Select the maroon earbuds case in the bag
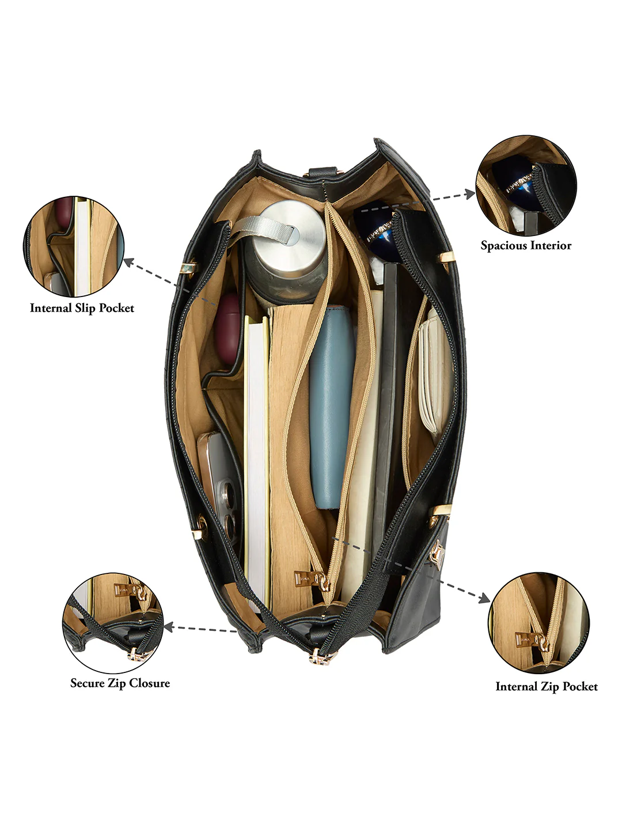227,329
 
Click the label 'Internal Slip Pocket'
82,308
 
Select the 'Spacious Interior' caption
526,245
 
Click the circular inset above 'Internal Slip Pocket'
74,246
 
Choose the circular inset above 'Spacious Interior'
526,185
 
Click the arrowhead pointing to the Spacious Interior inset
471,194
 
